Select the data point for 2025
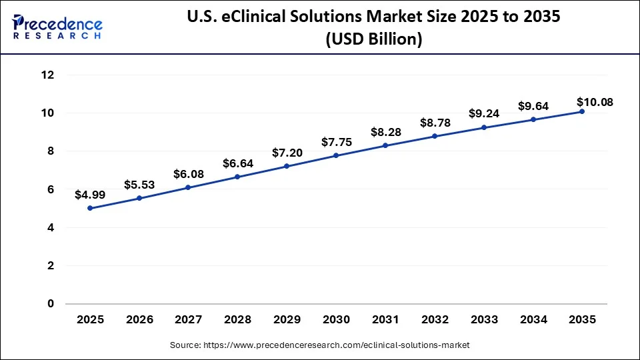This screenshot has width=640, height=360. tap(90, 208)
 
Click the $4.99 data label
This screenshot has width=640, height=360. tap(90, 195)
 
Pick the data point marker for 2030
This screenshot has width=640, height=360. tap(336, 155)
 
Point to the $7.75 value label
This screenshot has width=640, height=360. tap(336, 142)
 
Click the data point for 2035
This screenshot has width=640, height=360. tap(582, 111)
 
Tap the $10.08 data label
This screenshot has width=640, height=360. tap(594, 102)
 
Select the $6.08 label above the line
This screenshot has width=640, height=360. tap(188, 174)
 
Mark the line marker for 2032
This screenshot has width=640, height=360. tap(435, 136)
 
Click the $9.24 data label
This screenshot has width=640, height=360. tap(484, 113)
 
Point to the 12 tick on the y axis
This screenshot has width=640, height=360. tap(47, 75)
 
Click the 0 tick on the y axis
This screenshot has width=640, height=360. tap(50, 304)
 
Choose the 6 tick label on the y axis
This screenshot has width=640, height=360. tap(50, 189)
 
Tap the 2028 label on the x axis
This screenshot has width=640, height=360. tap(237, 320)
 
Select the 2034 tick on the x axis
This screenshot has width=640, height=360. tap(533, 320)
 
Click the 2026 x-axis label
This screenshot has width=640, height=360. tap(139, 320)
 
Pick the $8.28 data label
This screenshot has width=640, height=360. tap(385, 132)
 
